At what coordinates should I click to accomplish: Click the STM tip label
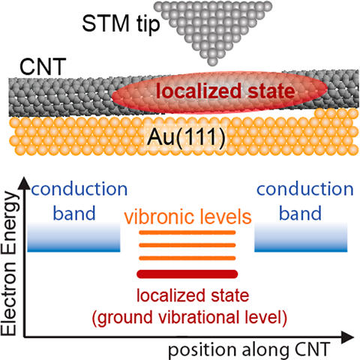pos(121,24)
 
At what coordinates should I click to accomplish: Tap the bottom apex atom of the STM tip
pos(212,61)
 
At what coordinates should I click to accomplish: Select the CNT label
pos(43,67)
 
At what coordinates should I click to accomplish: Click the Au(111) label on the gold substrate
pos(186,138)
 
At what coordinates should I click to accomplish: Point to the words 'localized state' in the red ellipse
pos(225,91)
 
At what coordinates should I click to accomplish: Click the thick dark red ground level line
pos(187,274)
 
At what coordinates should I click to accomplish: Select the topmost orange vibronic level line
pos(187,232)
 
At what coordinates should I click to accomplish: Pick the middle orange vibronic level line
pos(187,245)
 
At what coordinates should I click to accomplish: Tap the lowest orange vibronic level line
pos(187,258)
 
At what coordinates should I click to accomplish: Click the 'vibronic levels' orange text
pos(187,217)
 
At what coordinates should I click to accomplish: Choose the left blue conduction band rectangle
pos(73,237)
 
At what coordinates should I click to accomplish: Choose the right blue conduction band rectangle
pos(301,237)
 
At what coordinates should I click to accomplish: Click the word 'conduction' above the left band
pos(79,189)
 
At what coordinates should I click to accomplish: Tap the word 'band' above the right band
pos(300,213)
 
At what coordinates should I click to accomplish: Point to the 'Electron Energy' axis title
pos(9,264)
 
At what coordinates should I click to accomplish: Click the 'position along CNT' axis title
pos(249,349)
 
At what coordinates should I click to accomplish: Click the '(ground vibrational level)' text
pos(190,317)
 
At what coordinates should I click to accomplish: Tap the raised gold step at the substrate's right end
pos(336,113)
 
